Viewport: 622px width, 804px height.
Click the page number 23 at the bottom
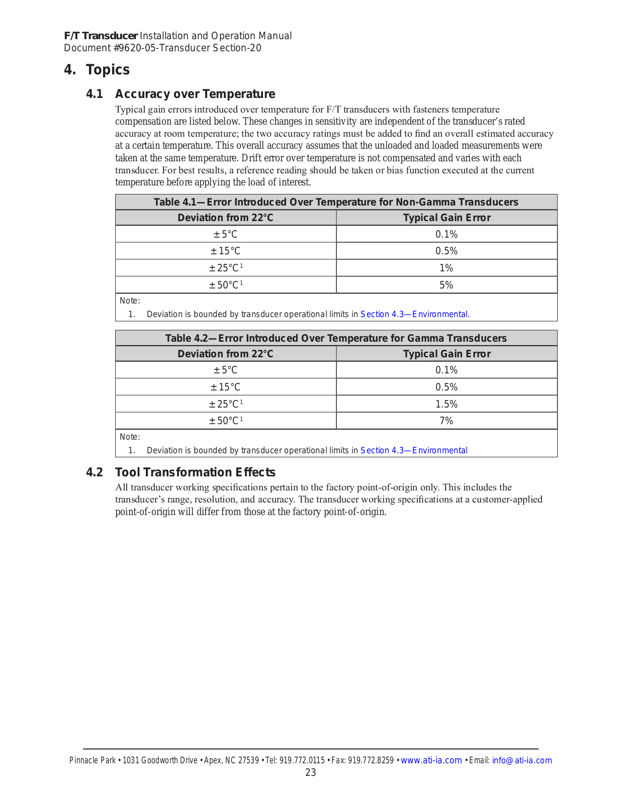coord(311,772)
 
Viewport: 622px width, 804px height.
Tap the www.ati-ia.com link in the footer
coord(431,760)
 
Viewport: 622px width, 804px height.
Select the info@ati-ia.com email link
coord(521,760)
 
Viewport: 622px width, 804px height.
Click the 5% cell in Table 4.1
coord(446,285)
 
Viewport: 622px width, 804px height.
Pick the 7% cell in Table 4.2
coord(446,421)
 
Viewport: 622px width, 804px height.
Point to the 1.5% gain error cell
coord(446,404)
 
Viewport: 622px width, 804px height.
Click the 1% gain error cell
coord(446,268)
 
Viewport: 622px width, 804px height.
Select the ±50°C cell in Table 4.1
coord(226,285)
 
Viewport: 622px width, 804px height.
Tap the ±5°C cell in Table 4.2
coord(225,370)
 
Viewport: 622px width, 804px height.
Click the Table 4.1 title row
coord(336,202)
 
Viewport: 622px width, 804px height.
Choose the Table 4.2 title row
coord(336,338)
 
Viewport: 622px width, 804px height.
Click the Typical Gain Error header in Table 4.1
coord(447,218)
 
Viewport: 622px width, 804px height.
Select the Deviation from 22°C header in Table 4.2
coord(225,354)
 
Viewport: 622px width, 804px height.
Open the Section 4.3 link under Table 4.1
coord(414,314)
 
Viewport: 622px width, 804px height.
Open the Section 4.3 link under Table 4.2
coord(414,450)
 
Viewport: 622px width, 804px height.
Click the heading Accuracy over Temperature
coord(195,94)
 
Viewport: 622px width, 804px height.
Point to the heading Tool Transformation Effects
coord(195,472)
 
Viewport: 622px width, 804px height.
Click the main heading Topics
coord(108,69)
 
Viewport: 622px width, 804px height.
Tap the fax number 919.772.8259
coord(371,760)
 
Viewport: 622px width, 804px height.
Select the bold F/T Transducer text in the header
coord(101,36)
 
